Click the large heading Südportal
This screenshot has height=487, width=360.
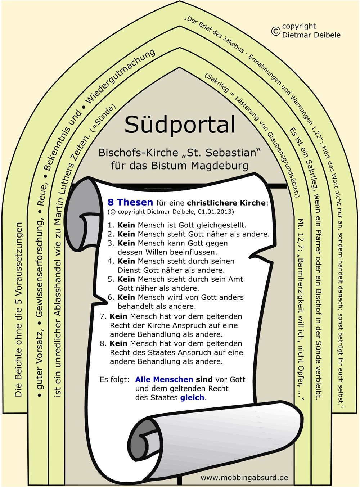[180, 125]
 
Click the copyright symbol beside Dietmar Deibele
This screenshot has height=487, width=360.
[275, 31]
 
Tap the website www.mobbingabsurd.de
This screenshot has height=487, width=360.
[244, 478]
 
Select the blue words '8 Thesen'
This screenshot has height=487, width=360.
[130, 202]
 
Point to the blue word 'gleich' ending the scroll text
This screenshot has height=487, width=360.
[192, 397]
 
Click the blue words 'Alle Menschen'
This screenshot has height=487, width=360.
[164, 379]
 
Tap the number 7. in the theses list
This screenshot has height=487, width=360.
[103, 316]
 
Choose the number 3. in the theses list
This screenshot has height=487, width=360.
[111, 243]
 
